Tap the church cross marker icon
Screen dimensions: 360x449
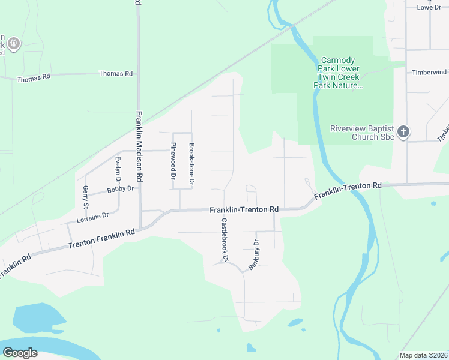pos(404,132)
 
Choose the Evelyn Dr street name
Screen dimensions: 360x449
pos(118,170)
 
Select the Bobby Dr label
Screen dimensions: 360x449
pos(119,190)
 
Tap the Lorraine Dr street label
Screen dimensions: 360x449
pos(88,217)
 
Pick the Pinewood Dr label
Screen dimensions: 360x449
pos(173,161)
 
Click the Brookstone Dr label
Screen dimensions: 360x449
pos(192,163)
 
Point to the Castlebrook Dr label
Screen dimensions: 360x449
pos(225,239)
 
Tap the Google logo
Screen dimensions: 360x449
pos(20,353)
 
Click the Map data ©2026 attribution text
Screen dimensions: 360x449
pos(423,355)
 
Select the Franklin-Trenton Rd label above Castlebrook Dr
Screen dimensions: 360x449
pos(244,209)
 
